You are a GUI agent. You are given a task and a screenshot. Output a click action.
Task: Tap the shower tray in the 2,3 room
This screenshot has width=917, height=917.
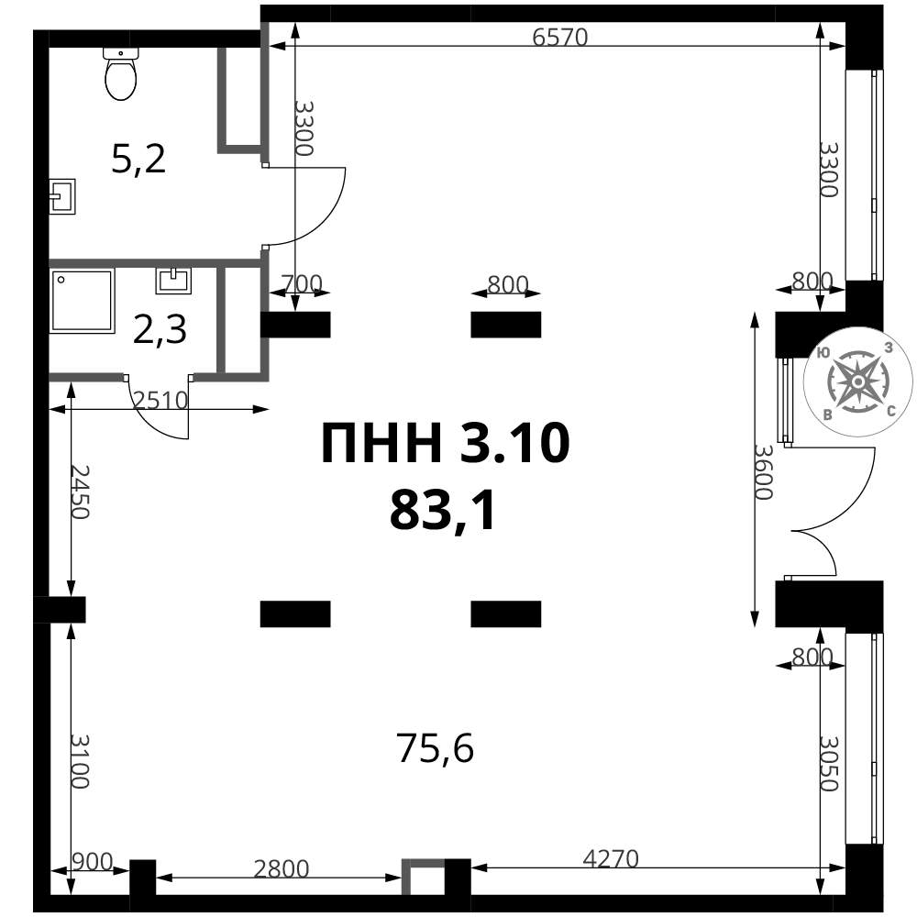click(82, 301)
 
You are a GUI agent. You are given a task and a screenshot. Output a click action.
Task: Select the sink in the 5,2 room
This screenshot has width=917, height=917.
click(62, 196)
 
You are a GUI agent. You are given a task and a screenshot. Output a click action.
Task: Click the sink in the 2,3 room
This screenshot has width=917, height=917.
click(173, 281)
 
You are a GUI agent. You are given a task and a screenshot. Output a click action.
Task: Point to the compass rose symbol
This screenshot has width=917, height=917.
click(857, 381)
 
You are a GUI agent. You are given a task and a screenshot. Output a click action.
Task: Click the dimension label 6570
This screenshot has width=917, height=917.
click(559, 37)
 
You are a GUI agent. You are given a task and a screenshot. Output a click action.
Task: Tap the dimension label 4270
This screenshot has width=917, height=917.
click(611, 859)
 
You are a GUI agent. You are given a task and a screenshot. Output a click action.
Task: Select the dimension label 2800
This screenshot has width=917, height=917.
click(281, 869)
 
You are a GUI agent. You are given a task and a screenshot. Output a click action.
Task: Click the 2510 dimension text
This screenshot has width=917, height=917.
click(160, 401)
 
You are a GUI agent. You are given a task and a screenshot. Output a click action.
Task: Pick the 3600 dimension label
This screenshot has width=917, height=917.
click(763, 472)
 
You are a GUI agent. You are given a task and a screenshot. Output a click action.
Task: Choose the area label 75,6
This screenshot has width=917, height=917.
click(435, 748)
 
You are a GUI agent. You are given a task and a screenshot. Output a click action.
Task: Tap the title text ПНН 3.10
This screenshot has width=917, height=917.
click(446, 443)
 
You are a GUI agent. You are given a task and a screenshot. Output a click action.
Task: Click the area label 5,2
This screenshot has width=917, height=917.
click(138, 159)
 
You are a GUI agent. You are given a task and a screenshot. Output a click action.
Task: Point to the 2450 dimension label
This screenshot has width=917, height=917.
click(80, 492)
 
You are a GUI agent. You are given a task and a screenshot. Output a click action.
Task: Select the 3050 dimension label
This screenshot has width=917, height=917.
click(829, 763)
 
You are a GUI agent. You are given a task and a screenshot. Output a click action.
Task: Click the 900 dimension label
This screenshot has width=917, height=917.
click(92, 861)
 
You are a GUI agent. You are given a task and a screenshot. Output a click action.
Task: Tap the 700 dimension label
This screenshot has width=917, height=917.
click(302, 284)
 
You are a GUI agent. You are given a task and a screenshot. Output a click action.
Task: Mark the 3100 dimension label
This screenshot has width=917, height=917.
click(80, 761)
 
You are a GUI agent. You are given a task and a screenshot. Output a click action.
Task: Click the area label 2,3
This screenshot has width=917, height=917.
click(160, 329)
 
